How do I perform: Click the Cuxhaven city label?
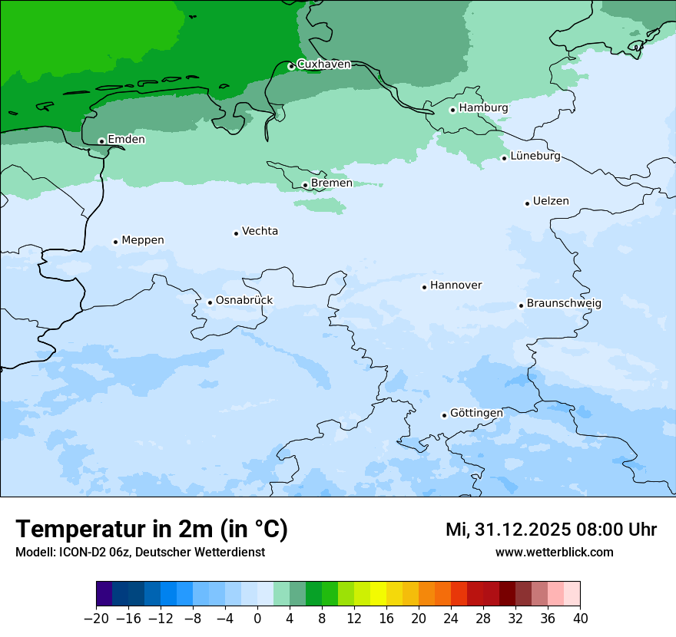coord(323,64)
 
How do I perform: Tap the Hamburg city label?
coord(483,108)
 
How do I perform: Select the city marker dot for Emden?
coord(101,141)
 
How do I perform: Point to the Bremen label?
coord(331,183)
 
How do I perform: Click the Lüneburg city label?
coord(535,157)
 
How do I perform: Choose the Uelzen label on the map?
coord(551,202)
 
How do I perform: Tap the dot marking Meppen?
coord(115,242)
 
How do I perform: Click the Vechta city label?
coord(260,232)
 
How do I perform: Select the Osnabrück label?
coord(244,301)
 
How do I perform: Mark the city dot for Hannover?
coord(424,287)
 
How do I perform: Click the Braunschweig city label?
coord(564,304)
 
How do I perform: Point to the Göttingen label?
coord(476,414)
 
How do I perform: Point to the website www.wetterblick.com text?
coord(554,553)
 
